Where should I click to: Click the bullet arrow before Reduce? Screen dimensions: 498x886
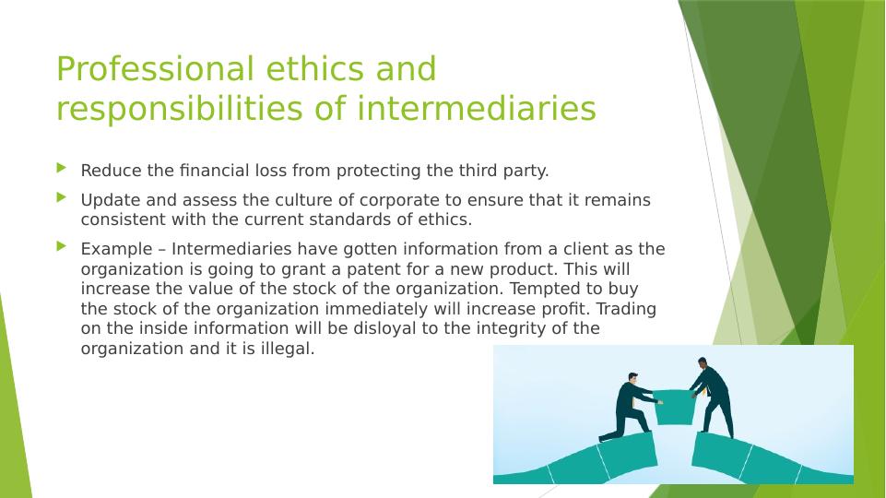point(62,169)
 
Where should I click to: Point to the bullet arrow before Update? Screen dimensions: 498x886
point(62,197)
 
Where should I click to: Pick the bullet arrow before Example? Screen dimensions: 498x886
point(62,246)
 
